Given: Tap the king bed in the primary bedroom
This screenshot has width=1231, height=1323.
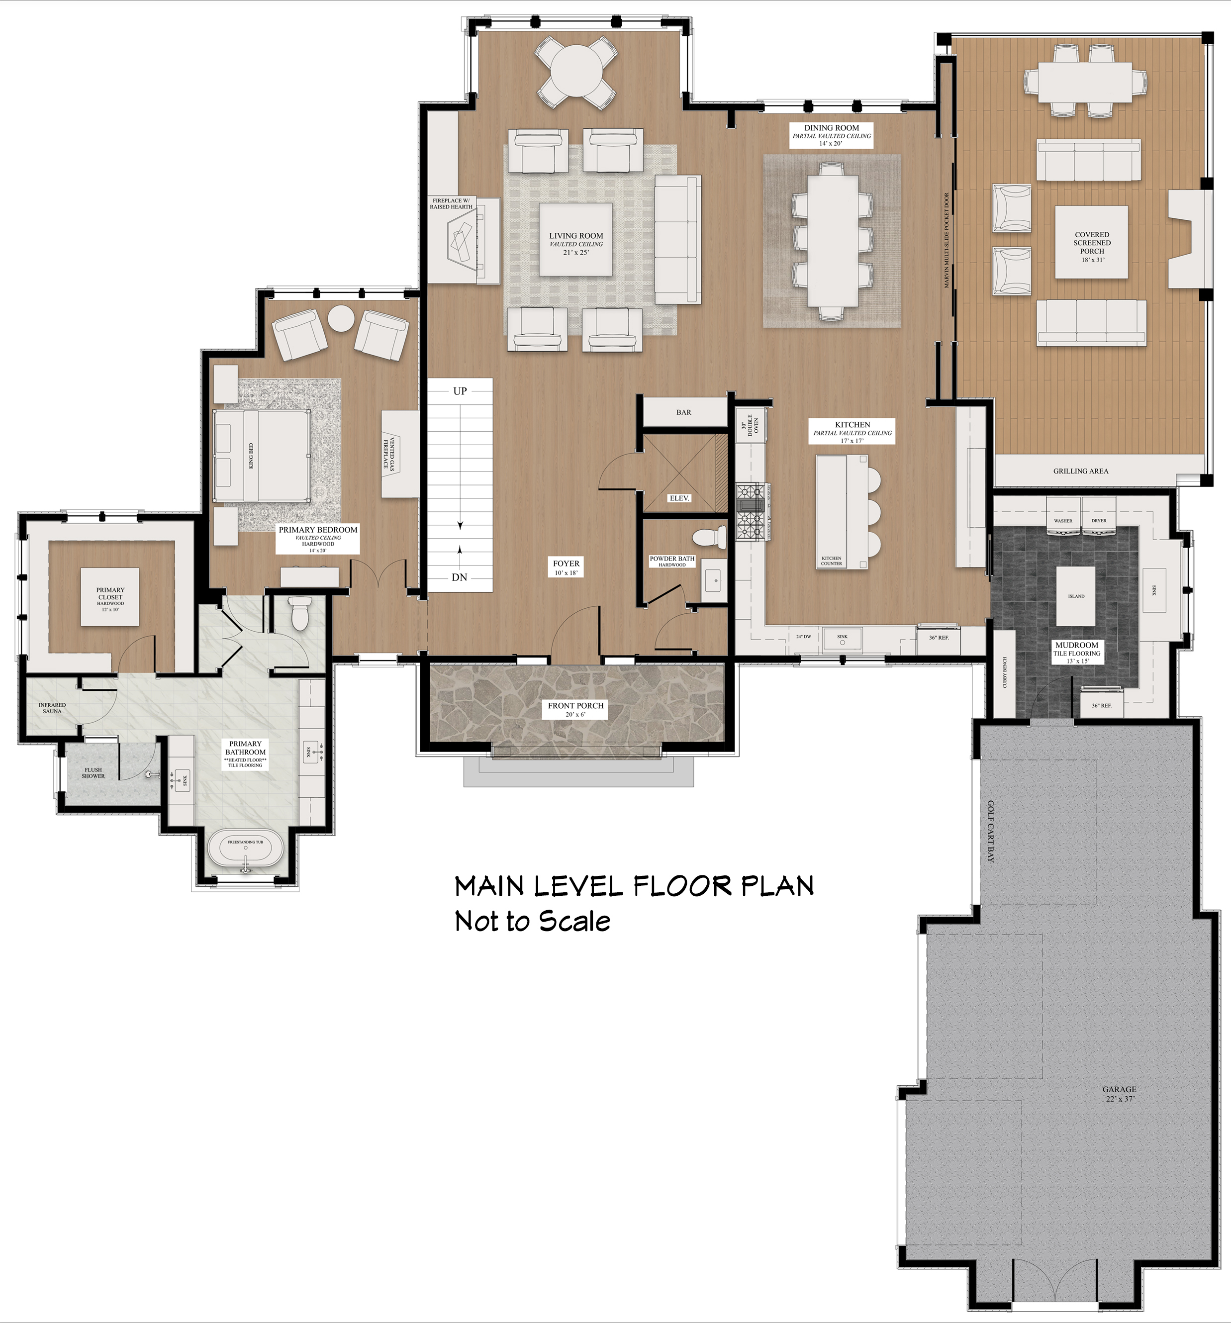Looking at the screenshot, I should point(262,456).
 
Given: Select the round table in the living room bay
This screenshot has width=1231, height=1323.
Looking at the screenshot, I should point(576,72).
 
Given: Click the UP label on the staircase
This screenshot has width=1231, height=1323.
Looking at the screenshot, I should point(460,391).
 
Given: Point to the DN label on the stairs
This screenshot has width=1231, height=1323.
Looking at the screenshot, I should point(459,577).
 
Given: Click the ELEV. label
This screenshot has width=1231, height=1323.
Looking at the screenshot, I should point(679,498).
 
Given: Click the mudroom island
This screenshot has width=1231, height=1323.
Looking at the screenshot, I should point(1076,596).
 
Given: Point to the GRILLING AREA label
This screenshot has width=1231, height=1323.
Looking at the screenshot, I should point(1081,471).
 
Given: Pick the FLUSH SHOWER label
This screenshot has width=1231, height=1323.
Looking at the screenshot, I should point(93,772).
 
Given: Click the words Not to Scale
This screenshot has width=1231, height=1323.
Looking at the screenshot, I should point(532,922).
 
